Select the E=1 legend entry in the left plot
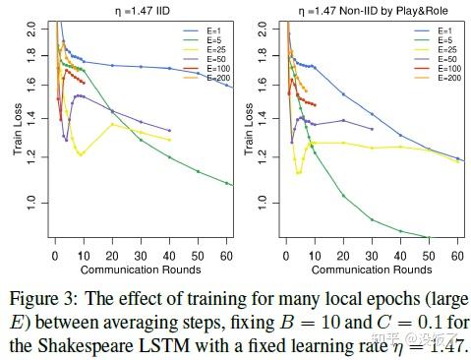click(x=206, y=30)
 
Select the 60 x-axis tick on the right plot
click(x=458, y=254)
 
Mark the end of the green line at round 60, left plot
click(x=228, y=184)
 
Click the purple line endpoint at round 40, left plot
click(x=170, y=130)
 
